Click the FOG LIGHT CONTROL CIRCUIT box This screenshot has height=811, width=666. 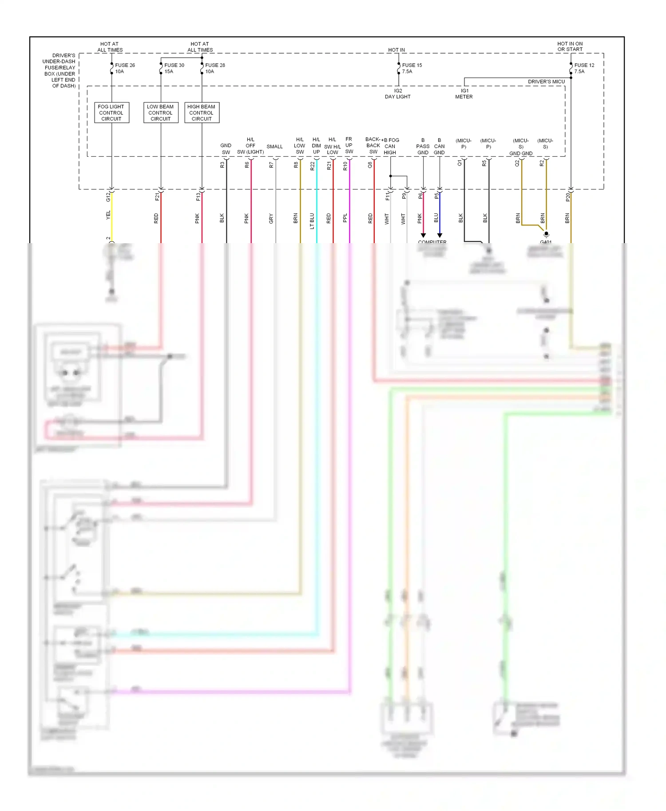pos(111,113)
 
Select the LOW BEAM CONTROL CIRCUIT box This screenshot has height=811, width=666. pos(161,113)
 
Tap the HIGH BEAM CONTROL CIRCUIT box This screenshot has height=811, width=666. pos(202,113)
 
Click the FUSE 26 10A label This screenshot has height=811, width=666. pos(124,68)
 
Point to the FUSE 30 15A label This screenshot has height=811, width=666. pos(174,68)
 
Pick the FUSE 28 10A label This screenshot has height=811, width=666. pos(214,68)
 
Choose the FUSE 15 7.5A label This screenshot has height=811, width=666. pos(412,68)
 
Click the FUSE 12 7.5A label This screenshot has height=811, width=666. pos(584,68)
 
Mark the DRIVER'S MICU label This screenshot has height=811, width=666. pos(546,82)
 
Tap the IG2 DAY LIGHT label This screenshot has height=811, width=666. pos(398,94)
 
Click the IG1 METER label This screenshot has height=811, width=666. pos(464,94)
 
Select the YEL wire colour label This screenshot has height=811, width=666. pos(108,215)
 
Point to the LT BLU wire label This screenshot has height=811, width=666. pos(312,220)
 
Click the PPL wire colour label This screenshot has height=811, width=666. pos(345,218)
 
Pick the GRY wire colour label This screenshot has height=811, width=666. pos(271,218)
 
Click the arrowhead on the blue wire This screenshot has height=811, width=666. pos(440,235)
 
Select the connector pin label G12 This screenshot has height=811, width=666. pos(108,197)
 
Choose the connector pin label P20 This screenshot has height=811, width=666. pos(567,197)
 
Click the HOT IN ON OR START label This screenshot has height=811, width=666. pos(570,47)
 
